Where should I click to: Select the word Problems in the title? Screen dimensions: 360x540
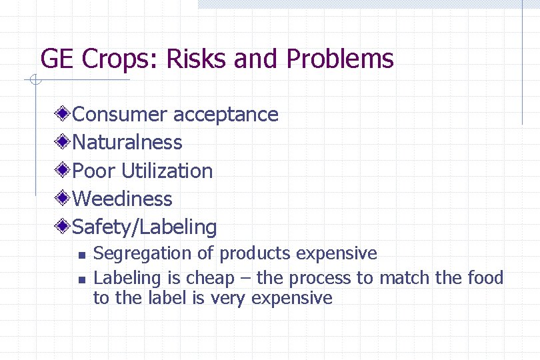tap(340, 59)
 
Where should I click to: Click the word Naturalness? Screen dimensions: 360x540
tap(127, 143)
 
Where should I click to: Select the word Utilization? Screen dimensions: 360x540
tap(167, 171)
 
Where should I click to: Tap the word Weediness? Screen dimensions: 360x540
tap(122, 199)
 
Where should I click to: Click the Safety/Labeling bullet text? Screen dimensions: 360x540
tap(144, 227)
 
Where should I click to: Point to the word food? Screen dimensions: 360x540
tap(485, 277)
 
